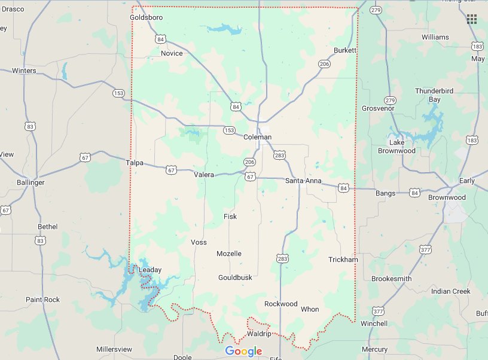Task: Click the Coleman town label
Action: [x=257, y=137]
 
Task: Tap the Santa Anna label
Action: [x=303, y=181]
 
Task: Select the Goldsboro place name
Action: [x=146, y=17]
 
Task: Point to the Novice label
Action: [x=172, y=53]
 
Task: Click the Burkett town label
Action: [x=345, y=50]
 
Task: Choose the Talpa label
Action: [x=135, y=162]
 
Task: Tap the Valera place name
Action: [x=204, y=175]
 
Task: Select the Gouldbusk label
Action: [x=235, y=277]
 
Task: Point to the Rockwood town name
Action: [x=280, y=304]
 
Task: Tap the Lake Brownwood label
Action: [x=405, y=147]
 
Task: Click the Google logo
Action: [x=243, y=351]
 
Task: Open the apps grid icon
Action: [x=472, y=19]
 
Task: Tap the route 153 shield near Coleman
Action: [x=228, y=130]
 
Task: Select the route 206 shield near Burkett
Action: [x=325, y=63]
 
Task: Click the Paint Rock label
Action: [x=43, y=300]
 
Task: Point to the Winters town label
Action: [x=24, y=71]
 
